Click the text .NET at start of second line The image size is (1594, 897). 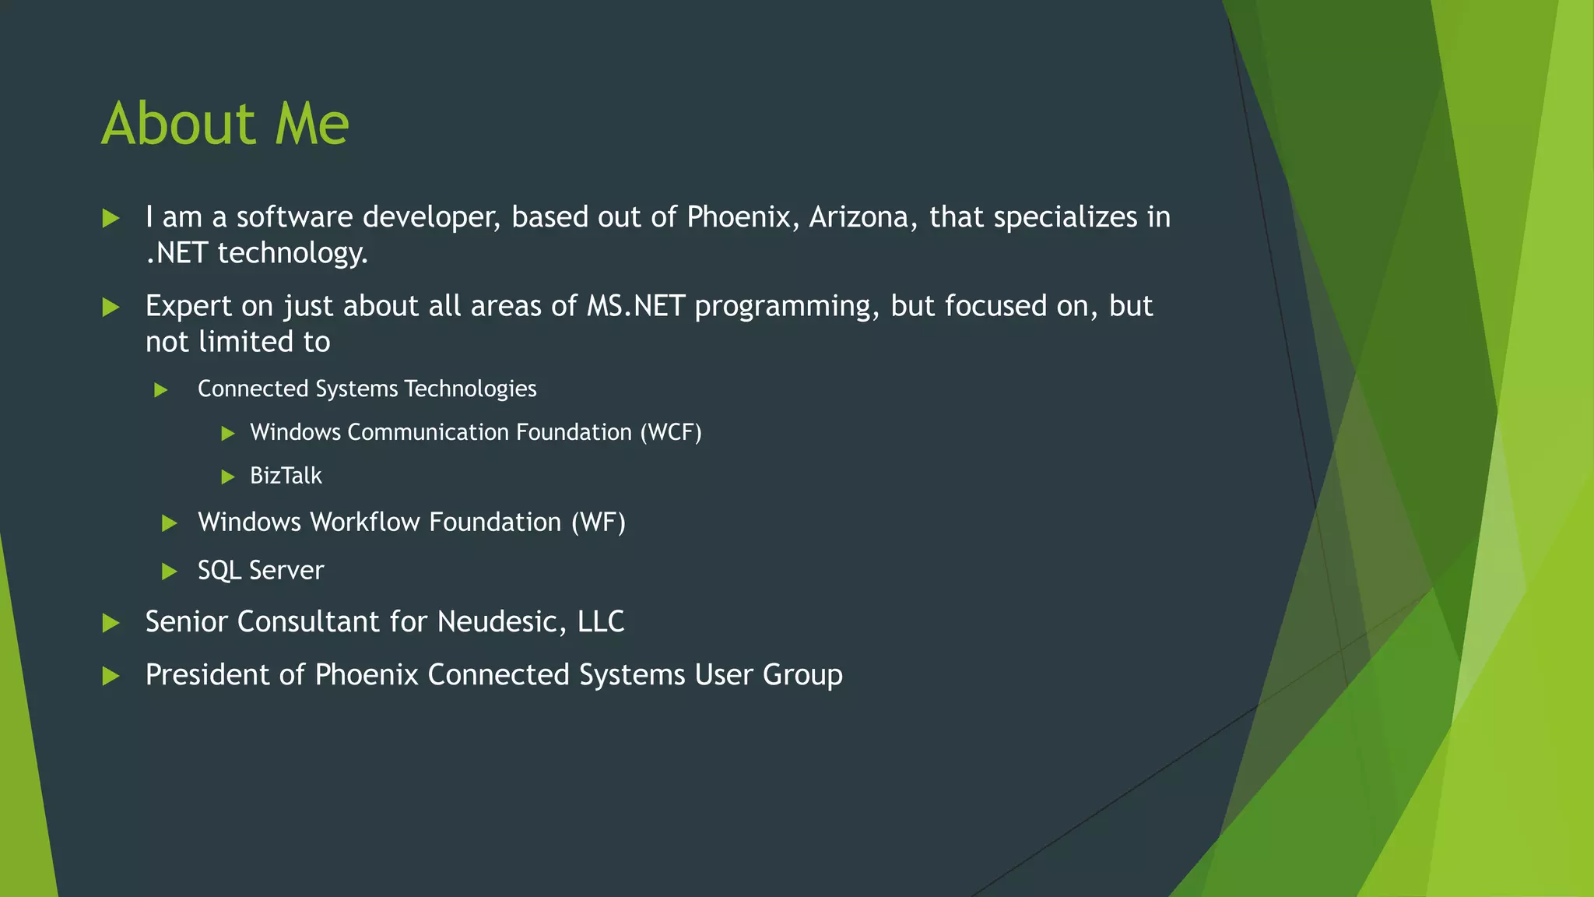[177, 253]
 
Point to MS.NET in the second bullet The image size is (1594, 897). [635, 306]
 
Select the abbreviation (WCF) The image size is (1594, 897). [670, 432]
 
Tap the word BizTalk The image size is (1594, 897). [286, 476]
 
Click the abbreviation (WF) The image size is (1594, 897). [598, 522]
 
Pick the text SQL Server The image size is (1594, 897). [261, 571]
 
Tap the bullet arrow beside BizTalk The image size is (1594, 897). [228, 477]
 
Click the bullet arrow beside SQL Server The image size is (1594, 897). [169, 572]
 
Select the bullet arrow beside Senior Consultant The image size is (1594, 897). [111, 623]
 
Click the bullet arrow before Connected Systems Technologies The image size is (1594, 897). [161, 389]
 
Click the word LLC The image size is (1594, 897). [600, 622]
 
